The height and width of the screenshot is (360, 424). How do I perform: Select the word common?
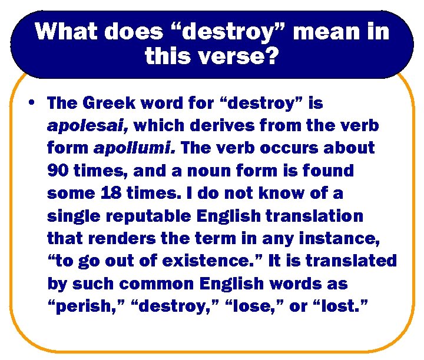(x=146, y=283)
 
